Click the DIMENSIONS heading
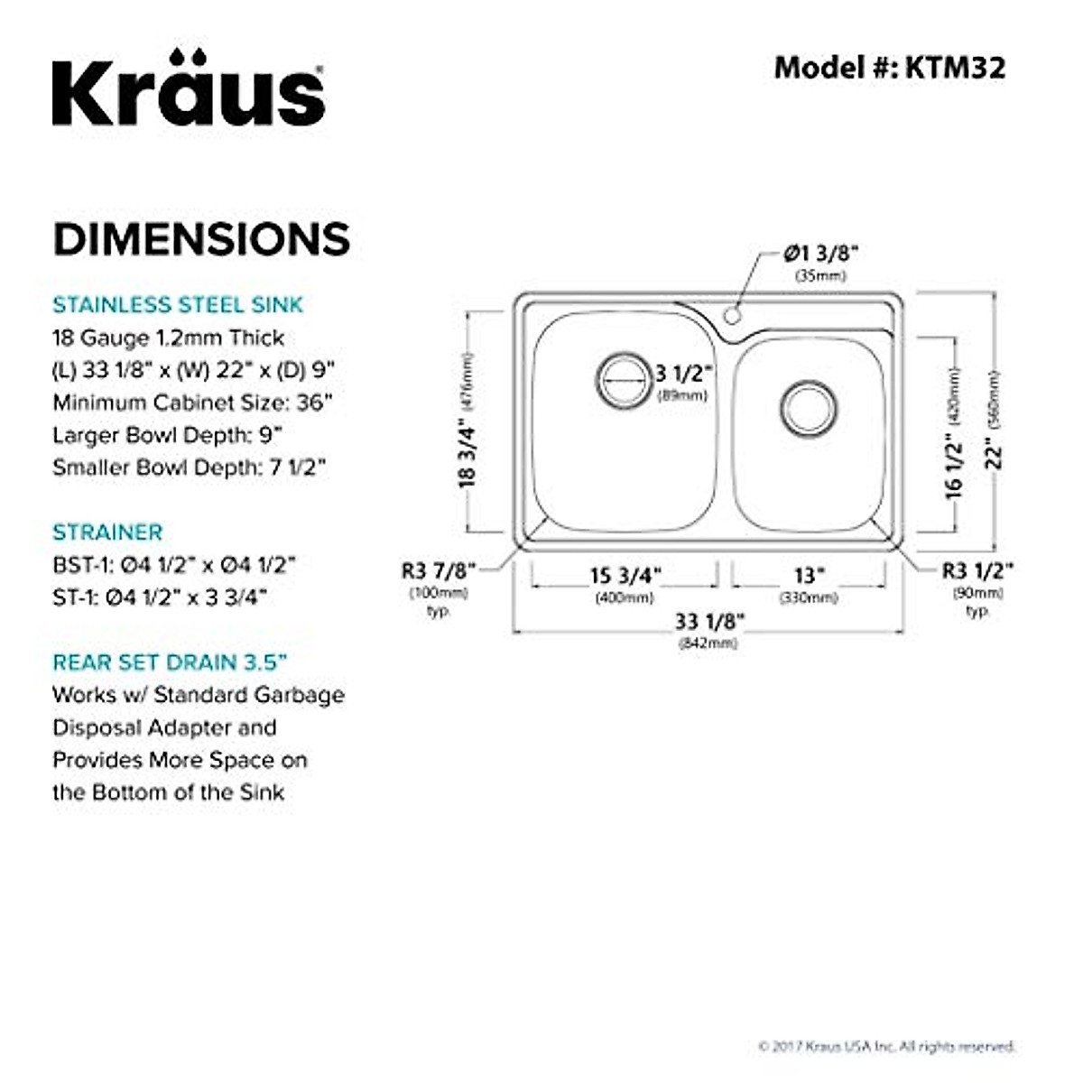click(x=201, y=239)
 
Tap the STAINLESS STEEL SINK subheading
click(x=178, y=305)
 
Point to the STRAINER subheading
click(x=107, y=532)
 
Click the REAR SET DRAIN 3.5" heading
click(x=170, y=662)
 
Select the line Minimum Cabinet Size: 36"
click(x=192, y=403)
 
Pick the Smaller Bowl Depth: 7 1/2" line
click(x=189, y=467)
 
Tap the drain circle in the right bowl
click(x=808, y=408)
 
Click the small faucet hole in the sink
click(x=733, y=316)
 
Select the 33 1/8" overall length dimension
click(x=709, y=622)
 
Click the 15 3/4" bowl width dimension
click(x=625, y=576)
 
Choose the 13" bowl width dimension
click(x=809, y=576)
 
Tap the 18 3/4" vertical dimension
click(x=467, y=456)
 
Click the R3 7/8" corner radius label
click(x=439, y=570)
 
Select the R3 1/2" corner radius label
click(x=977, y=570)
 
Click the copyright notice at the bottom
click(x=887, y=1046)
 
